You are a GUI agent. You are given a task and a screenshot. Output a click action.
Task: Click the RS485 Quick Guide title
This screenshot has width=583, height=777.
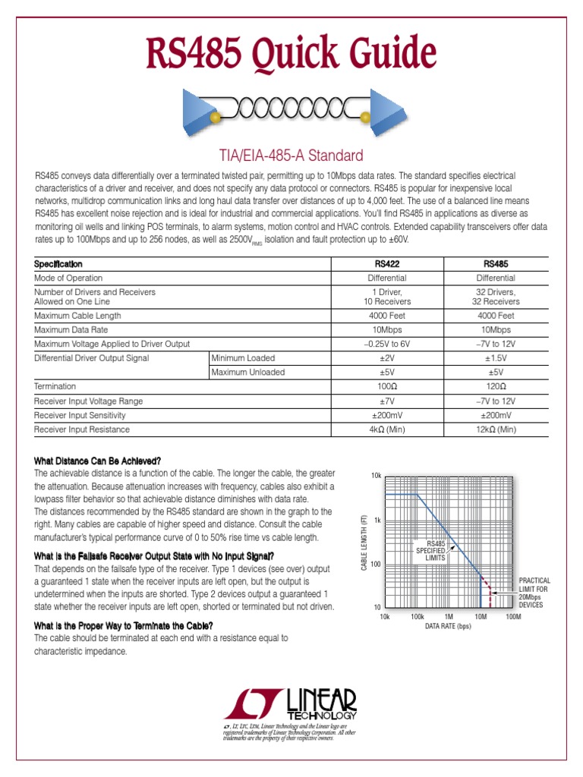[291, 55]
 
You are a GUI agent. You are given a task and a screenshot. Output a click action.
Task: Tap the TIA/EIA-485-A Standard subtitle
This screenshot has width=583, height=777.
[291, 156]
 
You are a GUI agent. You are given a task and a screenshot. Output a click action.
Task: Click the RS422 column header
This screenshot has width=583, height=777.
[387, 264]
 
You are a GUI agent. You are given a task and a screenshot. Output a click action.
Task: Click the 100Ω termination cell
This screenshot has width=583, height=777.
[387, 386]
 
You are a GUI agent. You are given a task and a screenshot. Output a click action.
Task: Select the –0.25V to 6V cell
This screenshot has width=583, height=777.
[387, 344]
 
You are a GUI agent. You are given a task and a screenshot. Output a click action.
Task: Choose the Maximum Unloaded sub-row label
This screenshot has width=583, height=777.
[248, 372]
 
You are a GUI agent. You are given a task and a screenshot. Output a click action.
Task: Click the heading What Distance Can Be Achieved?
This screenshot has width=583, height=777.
[98, 461]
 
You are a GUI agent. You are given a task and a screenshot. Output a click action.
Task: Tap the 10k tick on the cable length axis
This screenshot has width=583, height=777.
[376, 475]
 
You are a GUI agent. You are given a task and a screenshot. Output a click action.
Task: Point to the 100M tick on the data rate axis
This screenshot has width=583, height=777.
[513, 617]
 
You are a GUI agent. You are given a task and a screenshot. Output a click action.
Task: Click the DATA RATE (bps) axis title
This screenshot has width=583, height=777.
[449, 627]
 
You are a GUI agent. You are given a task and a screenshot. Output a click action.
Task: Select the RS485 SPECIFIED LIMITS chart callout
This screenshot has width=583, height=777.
[435, 551]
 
